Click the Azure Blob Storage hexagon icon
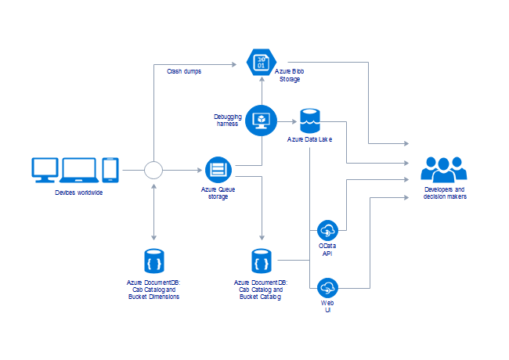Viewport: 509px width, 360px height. click(261, 62)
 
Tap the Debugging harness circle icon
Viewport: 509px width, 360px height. click(262, 119)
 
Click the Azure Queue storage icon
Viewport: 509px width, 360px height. click(218, 169)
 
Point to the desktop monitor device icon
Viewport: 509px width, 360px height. click(45, 168)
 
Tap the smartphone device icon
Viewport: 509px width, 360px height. click(110, 169)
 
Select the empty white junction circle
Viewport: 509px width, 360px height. click(153, 169)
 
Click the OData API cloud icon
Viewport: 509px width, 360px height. click(327, 231)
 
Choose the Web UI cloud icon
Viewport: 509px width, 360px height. click(327, 287)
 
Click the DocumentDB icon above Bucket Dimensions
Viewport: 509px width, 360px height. click(153, 261)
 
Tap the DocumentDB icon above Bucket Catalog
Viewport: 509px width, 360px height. click(261, 261)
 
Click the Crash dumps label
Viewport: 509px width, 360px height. click(184, 71)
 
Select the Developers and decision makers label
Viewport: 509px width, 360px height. click(444, 193)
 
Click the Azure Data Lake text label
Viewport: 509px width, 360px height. click(312, 139)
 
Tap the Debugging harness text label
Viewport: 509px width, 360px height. click(229, 120)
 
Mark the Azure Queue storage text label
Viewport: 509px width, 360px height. click(218, 193)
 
